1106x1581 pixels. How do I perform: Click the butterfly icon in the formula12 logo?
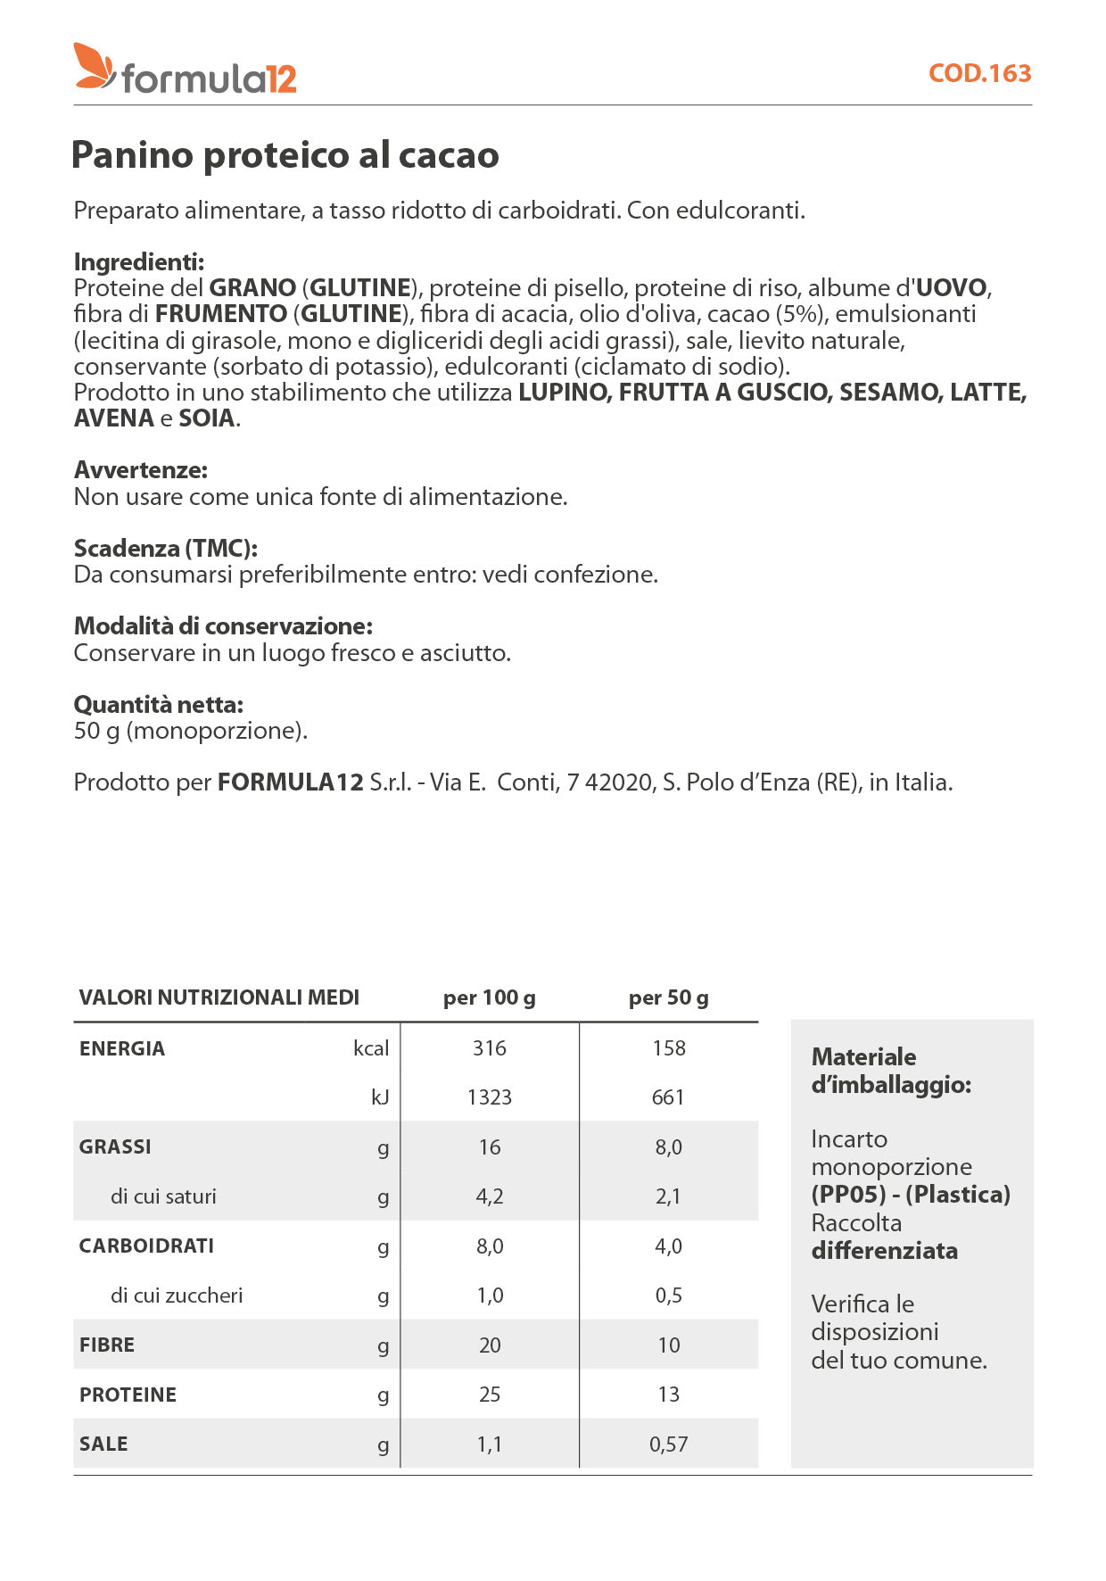click(x=94, y=66)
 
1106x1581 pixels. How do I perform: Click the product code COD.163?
click(x=979, y=73)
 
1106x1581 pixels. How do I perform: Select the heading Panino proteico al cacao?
click(x=285, y=155)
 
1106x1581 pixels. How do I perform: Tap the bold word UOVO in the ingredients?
click(x=952, y=288)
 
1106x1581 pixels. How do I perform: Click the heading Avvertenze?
click(x=141, y=470)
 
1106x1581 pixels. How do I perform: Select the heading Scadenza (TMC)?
click(x=166, y=548)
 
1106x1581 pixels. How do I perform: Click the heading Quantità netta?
click(x=159, y=705)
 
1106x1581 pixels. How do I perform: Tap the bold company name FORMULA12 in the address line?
click(x=291, y=782)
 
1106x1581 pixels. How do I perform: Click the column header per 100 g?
click(x=489, y=997)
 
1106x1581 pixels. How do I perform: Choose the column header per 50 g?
click(x=668, y=997)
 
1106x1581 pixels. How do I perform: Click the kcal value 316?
click(x=489, y=1048)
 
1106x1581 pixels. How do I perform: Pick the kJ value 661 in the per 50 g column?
click(x=668, y=1097)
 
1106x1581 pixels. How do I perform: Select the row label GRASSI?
click(x=115, y=1146)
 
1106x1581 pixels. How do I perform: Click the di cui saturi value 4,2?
click(x=489, y=1196)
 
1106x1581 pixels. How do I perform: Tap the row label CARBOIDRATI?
click(x=146, y=1246)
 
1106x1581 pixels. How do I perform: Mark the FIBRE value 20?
click(x=490, y=1345)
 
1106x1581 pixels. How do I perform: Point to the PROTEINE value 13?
click(x=669, y=1395)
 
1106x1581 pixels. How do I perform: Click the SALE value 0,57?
click(x=669, y=1444)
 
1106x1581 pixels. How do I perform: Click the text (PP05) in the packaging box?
click(x=848, y=1195)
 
